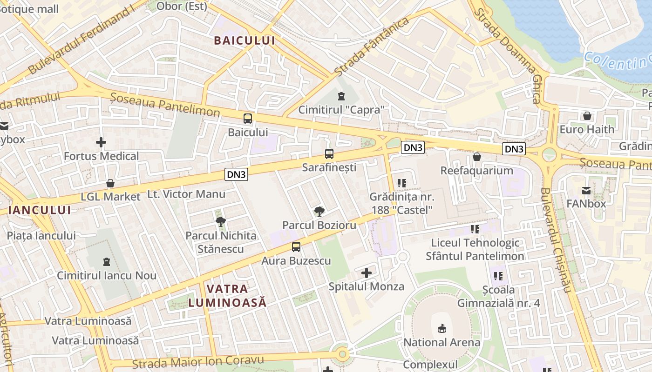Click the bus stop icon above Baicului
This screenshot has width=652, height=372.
(x=248, y=118)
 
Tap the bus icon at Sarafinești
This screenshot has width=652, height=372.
(x=329, y=153)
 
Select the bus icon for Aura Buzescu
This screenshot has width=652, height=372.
(x=296, y=247)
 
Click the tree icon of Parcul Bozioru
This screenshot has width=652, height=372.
(x=319, y=212)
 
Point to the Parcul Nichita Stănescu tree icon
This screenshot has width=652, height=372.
(x=221, y=221)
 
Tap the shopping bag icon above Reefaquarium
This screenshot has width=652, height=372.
(x=476, y=157)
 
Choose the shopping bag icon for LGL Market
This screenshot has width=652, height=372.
(x=110, y=183)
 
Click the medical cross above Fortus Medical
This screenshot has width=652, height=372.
(x=101, y=142)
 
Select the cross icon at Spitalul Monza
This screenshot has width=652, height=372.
(x=367, y=272)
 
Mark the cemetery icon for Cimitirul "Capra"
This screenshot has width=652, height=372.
(x=341, y=96)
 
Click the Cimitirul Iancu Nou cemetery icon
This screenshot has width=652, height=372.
(x=106, y=262)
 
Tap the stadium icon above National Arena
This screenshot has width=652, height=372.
(x=441, y=329)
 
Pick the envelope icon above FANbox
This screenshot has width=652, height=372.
(x=586, y=190)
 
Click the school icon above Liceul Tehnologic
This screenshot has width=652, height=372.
(x=475, y=229)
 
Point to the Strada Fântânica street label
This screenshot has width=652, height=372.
(x=372, y=47)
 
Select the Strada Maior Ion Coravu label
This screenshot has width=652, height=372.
(x=198, y=361)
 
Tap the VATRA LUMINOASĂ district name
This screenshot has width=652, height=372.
(x=227, y=295)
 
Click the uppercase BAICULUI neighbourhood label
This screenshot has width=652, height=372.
(x=244, y=40)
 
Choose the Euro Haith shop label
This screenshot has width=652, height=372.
(x=587, y=129)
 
